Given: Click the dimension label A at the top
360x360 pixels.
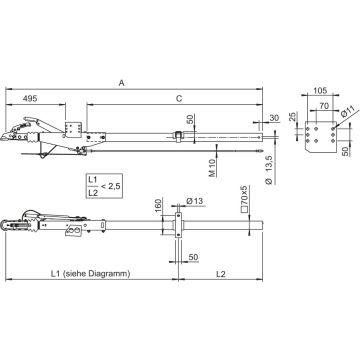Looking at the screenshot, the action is coord(122,83).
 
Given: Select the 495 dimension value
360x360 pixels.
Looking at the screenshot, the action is coord(30,99).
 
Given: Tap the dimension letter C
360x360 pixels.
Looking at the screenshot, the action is coord(179,99).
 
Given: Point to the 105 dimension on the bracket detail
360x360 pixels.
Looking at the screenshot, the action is coord(320,90).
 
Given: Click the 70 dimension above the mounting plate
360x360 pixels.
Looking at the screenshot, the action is coord(324,106).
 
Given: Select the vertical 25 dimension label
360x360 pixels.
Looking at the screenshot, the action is coord(292,117).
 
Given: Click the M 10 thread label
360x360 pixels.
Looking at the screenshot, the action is coord(213,168).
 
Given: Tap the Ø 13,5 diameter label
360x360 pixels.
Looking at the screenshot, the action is coord(270,169).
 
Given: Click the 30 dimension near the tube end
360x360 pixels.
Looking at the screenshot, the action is coord(274,118).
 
